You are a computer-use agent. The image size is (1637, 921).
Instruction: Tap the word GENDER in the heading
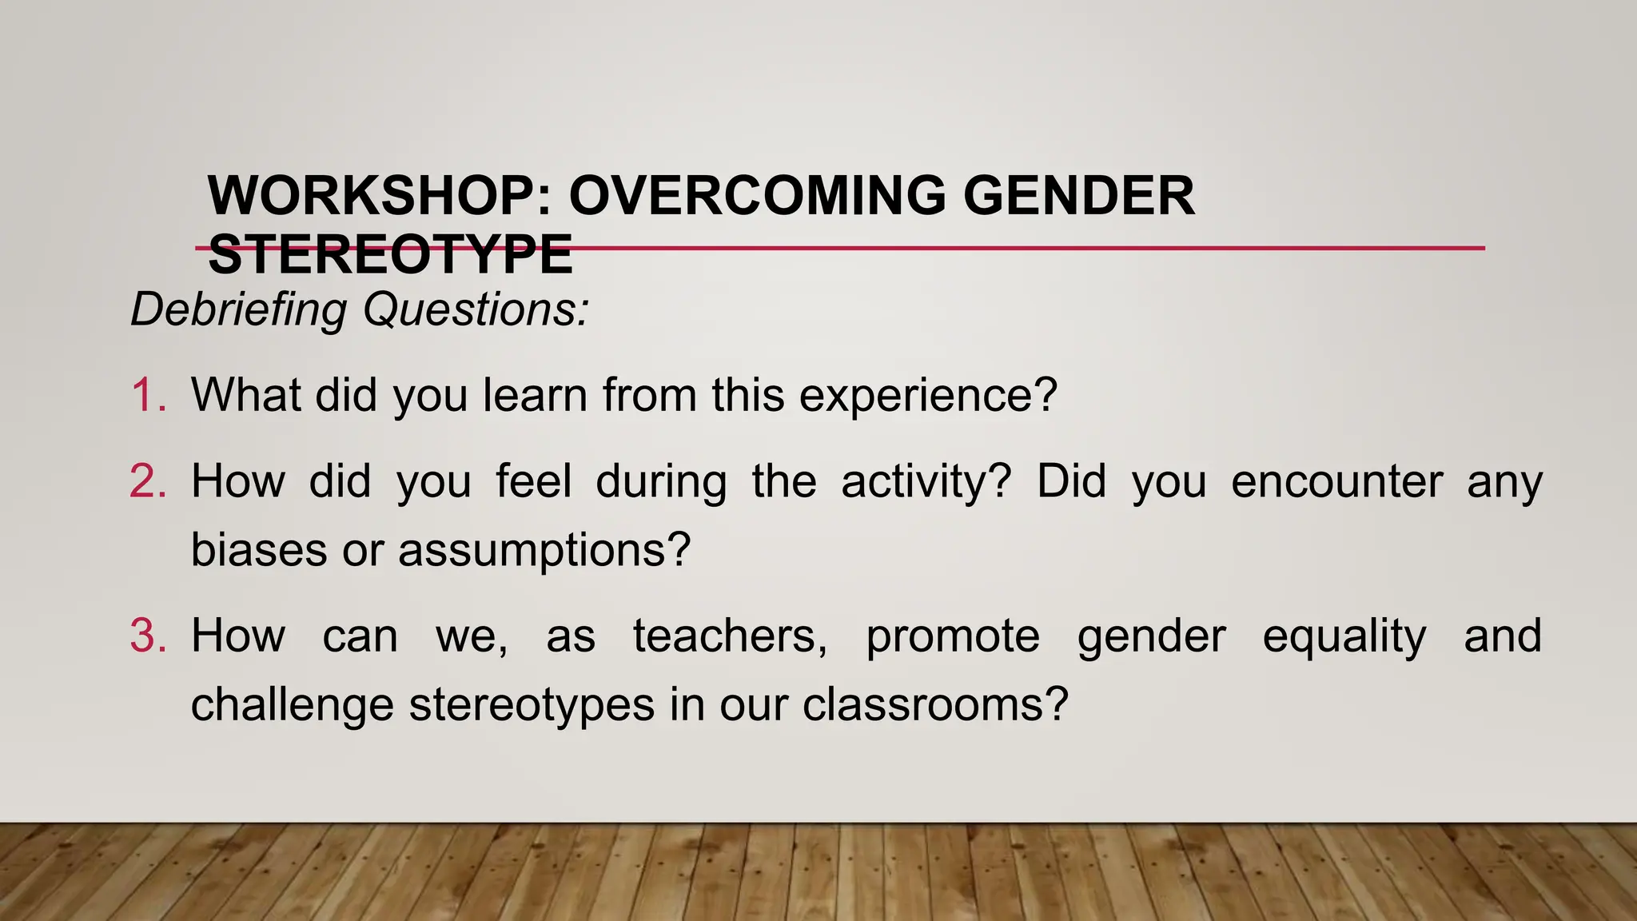1078,196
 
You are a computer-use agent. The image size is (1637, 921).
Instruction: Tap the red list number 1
148,395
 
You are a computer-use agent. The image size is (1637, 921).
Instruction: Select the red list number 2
148,481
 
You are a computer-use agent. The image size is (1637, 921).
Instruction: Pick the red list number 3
148,636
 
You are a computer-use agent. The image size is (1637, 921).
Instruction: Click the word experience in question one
927,395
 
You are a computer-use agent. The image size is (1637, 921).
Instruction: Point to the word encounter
1336,481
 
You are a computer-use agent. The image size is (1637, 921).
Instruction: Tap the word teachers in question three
730,636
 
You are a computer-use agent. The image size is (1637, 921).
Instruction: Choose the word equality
1344,636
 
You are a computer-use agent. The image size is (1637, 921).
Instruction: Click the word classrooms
934,705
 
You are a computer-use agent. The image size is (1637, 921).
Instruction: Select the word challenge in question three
292,705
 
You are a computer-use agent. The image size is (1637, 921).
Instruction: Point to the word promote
953,636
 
